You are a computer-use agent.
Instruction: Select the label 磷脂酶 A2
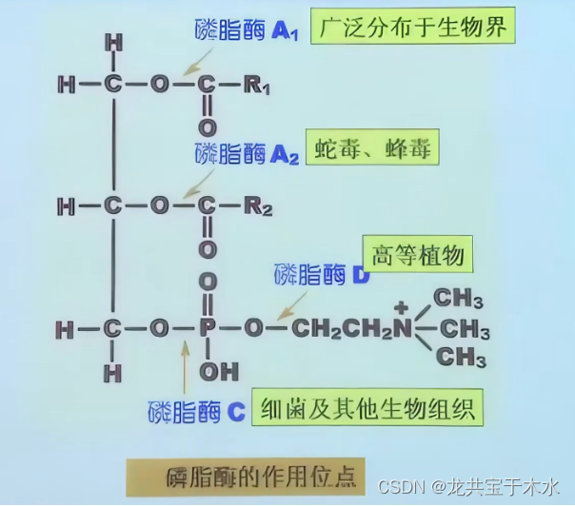pyautogui.click(x=247, y=153)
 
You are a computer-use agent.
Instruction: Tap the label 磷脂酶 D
pyautogui.click(x=322, y=275)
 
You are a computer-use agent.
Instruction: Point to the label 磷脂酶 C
pyautogui.click(x=198, y=412)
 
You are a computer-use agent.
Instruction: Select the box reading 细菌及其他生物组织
pyautogui.click(x=367, y=408)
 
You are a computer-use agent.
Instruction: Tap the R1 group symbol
pyautogui.click(x=257, y=86)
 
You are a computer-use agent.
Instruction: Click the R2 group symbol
pyautogui.click(x=257, y=205)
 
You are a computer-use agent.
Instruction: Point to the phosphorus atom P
pyautogui.click(x=208, y=329)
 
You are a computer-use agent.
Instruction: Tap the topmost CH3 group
pyautogui.click(x=459, y=299)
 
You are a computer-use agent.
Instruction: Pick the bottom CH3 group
pyautogui.click(x=459, y=358)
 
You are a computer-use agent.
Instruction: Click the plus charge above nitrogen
pyautogui.click(x=401, y=306)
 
